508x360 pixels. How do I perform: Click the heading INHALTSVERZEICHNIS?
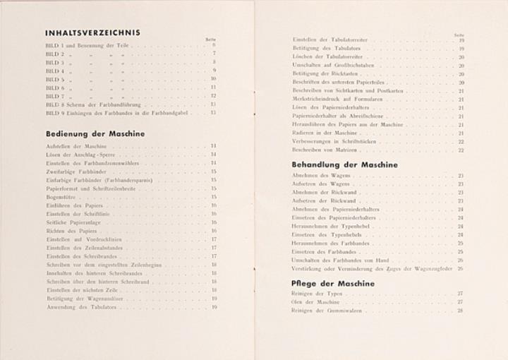pyautogui.click(x=92, y=32)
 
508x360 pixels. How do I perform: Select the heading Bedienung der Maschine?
pyautogui.click(x=95, y=133)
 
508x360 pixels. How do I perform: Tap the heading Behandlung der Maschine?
pyautogui.click(x=345, y=164)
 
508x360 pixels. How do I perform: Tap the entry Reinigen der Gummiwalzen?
pyautogui.click(x=322, y=310)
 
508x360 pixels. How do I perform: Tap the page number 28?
pyautogui.click(x=460, y=310)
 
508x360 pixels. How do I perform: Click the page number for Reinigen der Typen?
pyautogui.click(x=460, y=293)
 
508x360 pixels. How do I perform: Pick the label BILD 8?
pyautogui.click(x=54, y=104)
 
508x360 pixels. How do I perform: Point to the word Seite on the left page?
pyautogui.click(x=210, y=39)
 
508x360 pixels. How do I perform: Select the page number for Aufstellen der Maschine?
pyautogui.click(x=213, y=145)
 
